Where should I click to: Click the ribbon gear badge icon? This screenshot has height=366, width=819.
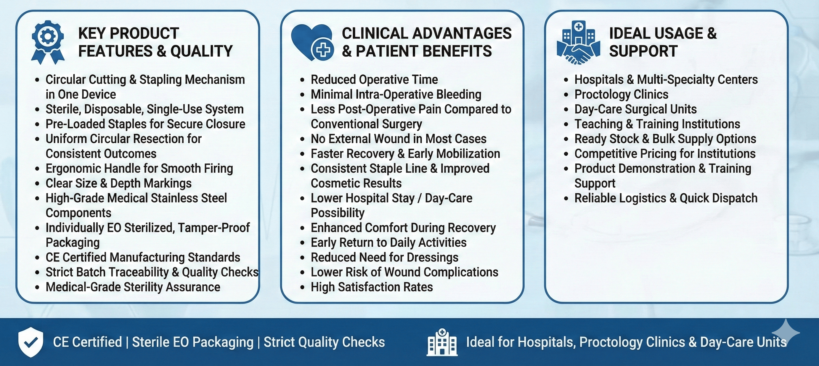pos(48,42)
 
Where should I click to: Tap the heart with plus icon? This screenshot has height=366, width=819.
pos(312,42)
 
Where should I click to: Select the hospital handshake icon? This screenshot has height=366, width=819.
pos(578,43)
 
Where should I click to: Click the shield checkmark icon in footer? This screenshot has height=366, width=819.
pos(30,342)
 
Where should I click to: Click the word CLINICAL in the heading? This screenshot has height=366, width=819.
pos(374,33)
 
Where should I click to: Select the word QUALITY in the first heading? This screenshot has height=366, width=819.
pos(202,51)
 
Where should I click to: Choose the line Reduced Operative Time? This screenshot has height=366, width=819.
pos(374,79)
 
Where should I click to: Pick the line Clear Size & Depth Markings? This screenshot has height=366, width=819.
pos(118,184)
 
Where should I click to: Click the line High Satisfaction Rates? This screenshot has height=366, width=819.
pos(371,287)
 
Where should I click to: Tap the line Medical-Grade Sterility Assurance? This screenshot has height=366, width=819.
pos(133,287)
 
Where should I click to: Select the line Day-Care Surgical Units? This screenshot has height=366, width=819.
pos(635,109)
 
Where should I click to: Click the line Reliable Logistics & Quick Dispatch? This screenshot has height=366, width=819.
pos(666,198)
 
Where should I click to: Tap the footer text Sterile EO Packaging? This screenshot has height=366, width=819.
pos(193,342)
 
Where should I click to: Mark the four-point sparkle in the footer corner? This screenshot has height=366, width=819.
pos(785,332)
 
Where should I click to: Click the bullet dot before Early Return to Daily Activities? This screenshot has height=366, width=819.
pos(302,243)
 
